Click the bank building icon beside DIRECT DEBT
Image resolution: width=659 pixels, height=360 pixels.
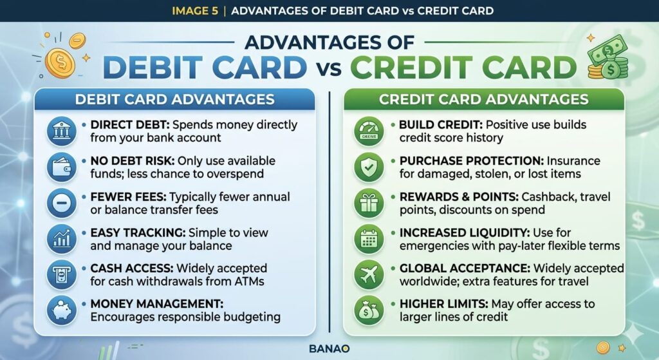(61, 131)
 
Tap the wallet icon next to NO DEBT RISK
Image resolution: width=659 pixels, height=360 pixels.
(61, 167)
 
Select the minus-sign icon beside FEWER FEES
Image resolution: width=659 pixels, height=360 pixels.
(61, 203)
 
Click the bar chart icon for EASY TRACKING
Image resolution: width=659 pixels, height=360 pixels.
(61, 239)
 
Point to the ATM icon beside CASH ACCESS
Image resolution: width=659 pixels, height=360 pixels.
(61, 274)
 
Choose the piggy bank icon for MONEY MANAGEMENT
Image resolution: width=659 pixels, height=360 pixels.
(61, 310)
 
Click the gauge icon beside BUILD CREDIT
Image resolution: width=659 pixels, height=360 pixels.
(369, 131)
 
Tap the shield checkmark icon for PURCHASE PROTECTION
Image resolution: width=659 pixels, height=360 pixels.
(369, 167)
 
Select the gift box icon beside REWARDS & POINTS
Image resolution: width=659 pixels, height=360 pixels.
(369, 203)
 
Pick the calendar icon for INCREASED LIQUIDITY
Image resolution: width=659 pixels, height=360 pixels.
(369, 239)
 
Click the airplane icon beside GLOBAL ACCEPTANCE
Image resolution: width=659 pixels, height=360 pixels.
(369, 274)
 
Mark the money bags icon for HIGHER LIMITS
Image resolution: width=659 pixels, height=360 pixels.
(369, 310)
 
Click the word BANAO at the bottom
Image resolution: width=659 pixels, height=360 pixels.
(329, 348)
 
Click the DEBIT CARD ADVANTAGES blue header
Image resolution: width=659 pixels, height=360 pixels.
(174, 99)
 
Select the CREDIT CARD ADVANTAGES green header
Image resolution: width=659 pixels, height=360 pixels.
(484, 99)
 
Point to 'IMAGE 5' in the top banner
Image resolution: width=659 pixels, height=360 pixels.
(195, 10)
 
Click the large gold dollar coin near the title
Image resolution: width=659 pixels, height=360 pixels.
(60, 63)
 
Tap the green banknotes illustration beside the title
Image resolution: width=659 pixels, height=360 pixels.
(608, 58)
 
